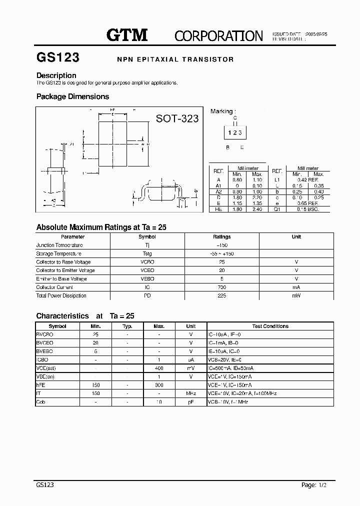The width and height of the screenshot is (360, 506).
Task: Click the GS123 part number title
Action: pyautogui.click(x=58, y=57)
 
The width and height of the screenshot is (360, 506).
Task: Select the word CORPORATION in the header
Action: pyautogui.click(x=218, y=35)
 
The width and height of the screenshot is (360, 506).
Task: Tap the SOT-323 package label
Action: pyautogui.click(x=177, y=118)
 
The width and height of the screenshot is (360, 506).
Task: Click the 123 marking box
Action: pyautogui.click(x=234, y=132)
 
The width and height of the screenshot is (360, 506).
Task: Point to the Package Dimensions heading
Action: pyautogui.click(x=72, y=96)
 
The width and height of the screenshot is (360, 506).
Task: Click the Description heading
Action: pyautogui.click(x=56, y=75)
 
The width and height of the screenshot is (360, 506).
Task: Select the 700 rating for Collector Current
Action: pyautogui.click(x=222, y=287)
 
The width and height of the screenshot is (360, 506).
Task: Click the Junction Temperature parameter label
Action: pyautogui.click(x=59, y=245)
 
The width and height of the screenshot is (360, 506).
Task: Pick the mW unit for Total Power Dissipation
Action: pyautogui.click(x=296, y=296)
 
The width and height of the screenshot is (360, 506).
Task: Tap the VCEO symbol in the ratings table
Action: pyautogui.click(x=147, y=270)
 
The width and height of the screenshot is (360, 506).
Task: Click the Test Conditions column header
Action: pyautogui.click(x=270, y=326)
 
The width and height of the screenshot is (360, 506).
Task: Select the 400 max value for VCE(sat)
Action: pyautogui.click(x=159, y=368)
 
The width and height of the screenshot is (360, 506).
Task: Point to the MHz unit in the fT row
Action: pyautogui.click(x=191, y=393)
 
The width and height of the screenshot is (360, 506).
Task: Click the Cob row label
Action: pyautogui.click(x=41, y=402)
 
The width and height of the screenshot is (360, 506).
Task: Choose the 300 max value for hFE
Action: pyautogui.click(x=159, y=385)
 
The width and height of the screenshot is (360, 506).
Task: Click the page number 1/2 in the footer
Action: pyautogui.click(x=325, y=485)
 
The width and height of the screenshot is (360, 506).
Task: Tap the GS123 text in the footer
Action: pyautogui.click(x=45, y=485)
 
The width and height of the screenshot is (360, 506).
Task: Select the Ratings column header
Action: pyautogui.click(x=222, y=237)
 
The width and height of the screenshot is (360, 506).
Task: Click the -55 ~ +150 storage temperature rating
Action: pyautogui.click(x=222, y=254)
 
